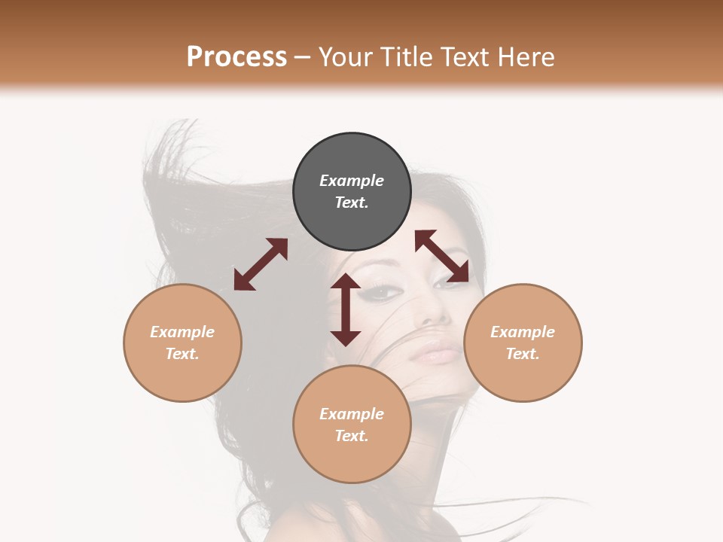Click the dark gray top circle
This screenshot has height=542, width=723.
(x=352, y=192)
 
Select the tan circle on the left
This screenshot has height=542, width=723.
(x=182, y=343)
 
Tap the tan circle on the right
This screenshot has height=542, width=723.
(x=523, y=343)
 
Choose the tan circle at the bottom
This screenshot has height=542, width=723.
(x=352, y=425)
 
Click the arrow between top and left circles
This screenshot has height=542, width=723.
(x=261, y=264)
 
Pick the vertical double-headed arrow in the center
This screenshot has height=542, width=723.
(x=346, y=309)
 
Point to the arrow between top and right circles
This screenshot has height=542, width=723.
(x=442, y=256)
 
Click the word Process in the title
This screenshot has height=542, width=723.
(x=236, y=56)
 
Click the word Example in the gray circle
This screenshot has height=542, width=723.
(x=352, y=181)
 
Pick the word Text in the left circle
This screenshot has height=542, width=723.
(x=182, y=354)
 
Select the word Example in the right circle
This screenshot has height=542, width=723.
(x=523, y=332)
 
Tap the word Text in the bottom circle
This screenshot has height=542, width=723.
(x=352, y=436)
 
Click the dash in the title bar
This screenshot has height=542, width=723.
(x=303, y=57)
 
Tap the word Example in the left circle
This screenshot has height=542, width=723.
(x=182, y=332)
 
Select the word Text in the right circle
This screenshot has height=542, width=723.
(x=523, y=354)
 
